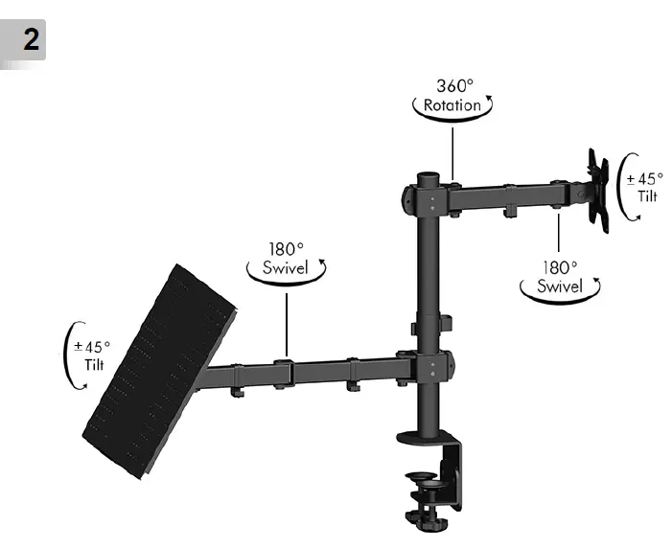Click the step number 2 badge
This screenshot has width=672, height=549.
[x=25, y=42]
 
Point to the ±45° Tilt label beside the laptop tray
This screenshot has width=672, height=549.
[x=94, y=355]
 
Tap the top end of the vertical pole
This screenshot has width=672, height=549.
[x=429, y=179]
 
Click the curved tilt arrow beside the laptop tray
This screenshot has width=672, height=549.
[x=71, y=356]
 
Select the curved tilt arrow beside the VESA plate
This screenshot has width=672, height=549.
[x=623, y=187]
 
